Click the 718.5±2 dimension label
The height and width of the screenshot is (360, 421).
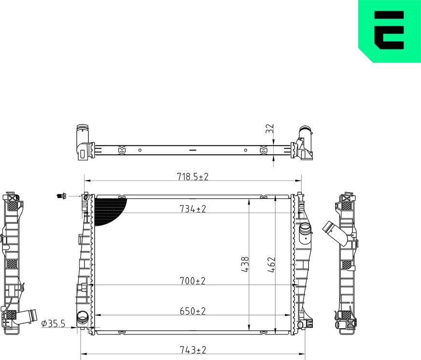tap(193, 177)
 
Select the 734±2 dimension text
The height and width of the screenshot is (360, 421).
tap(193, 208)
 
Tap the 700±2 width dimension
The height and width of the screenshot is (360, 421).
tap(193, 281)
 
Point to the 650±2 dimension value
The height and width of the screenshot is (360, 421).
tap(193, 311)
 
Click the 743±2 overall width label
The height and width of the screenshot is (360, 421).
tap(193, 350)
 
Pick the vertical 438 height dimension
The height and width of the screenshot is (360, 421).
tap(245, 265)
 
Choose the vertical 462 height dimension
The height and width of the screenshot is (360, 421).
tap(271, 265)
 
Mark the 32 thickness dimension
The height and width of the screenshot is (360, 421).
tap(269, 128)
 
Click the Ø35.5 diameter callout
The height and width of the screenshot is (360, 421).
tap(53, 324)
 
